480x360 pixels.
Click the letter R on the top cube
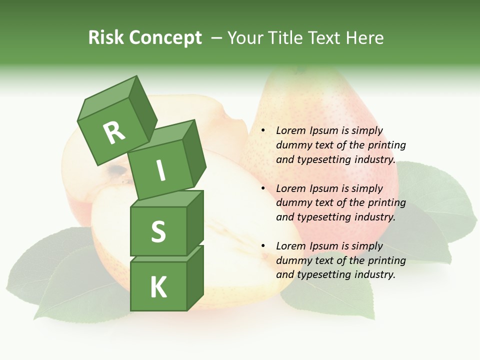(114, 133)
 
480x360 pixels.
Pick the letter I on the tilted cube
(160, 170)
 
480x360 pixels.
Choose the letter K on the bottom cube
(158, 287)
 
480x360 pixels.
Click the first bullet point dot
(262, 130)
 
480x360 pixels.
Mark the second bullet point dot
(262, 188)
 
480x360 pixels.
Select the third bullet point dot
(262, 246)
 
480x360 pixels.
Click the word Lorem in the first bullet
(289, 130)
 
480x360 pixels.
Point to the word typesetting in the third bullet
(326, 274)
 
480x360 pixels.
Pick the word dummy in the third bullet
(292, 260)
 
